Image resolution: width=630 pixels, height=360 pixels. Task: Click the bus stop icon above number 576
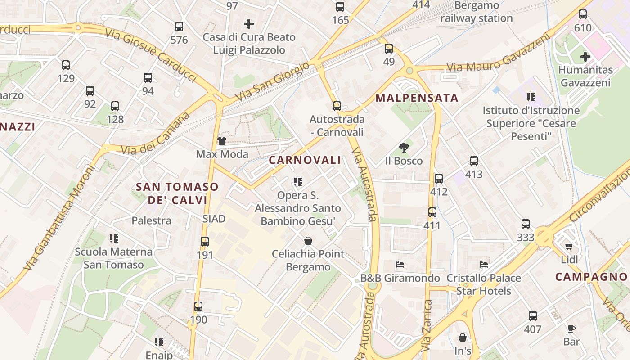coord(179,27)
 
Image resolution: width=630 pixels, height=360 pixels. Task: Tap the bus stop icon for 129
coord(66,65)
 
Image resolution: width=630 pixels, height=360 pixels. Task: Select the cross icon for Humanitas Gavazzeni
coord(585,57)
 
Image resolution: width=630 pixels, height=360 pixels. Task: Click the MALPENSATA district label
coord(417,98)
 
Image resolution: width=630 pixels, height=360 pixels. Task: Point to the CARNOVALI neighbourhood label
coord(305,160)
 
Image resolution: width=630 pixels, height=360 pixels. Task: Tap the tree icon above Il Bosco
coord(404,147)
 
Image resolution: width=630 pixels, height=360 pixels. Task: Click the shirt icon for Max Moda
coord(221,141)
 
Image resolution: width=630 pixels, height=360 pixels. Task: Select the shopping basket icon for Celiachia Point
coord(308,241)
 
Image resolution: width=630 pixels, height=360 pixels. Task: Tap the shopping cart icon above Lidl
coord(569,246)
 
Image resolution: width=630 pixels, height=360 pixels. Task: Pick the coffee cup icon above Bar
coord(571,328)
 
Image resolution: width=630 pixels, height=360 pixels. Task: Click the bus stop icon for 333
coord(525,224)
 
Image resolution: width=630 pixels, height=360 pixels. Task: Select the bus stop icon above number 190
coord(198,306)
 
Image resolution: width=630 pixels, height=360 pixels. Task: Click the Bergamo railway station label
coord(477,12)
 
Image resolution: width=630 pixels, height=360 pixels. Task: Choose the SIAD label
coord(214,219)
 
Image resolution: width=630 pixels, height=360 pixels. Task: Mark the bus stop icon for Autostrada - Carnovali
coord(337,106)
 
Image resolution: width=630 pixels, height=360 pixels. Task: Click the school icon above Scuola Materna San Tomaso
coord(114,238)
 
